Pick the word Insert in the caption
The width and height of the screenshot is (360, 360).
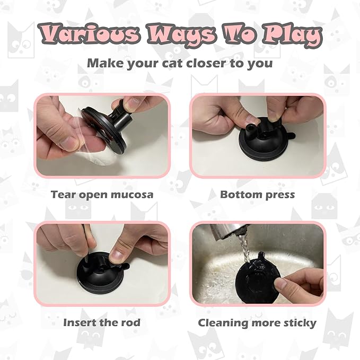pyautogui.click(x=81, y=322)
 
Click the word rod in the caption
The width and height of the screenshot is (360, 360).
pyautogui.click(x=131, y=322)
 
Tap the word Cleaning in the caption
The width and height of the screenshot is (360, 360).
pyautogui.click(x=223, y=322)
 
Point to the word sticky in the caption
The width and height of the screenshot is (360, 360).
pyautogui.click(x=298, y=322)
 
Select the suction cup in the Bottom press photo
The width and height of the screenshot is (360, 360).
pyautogui.click(x=259, y=143)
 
